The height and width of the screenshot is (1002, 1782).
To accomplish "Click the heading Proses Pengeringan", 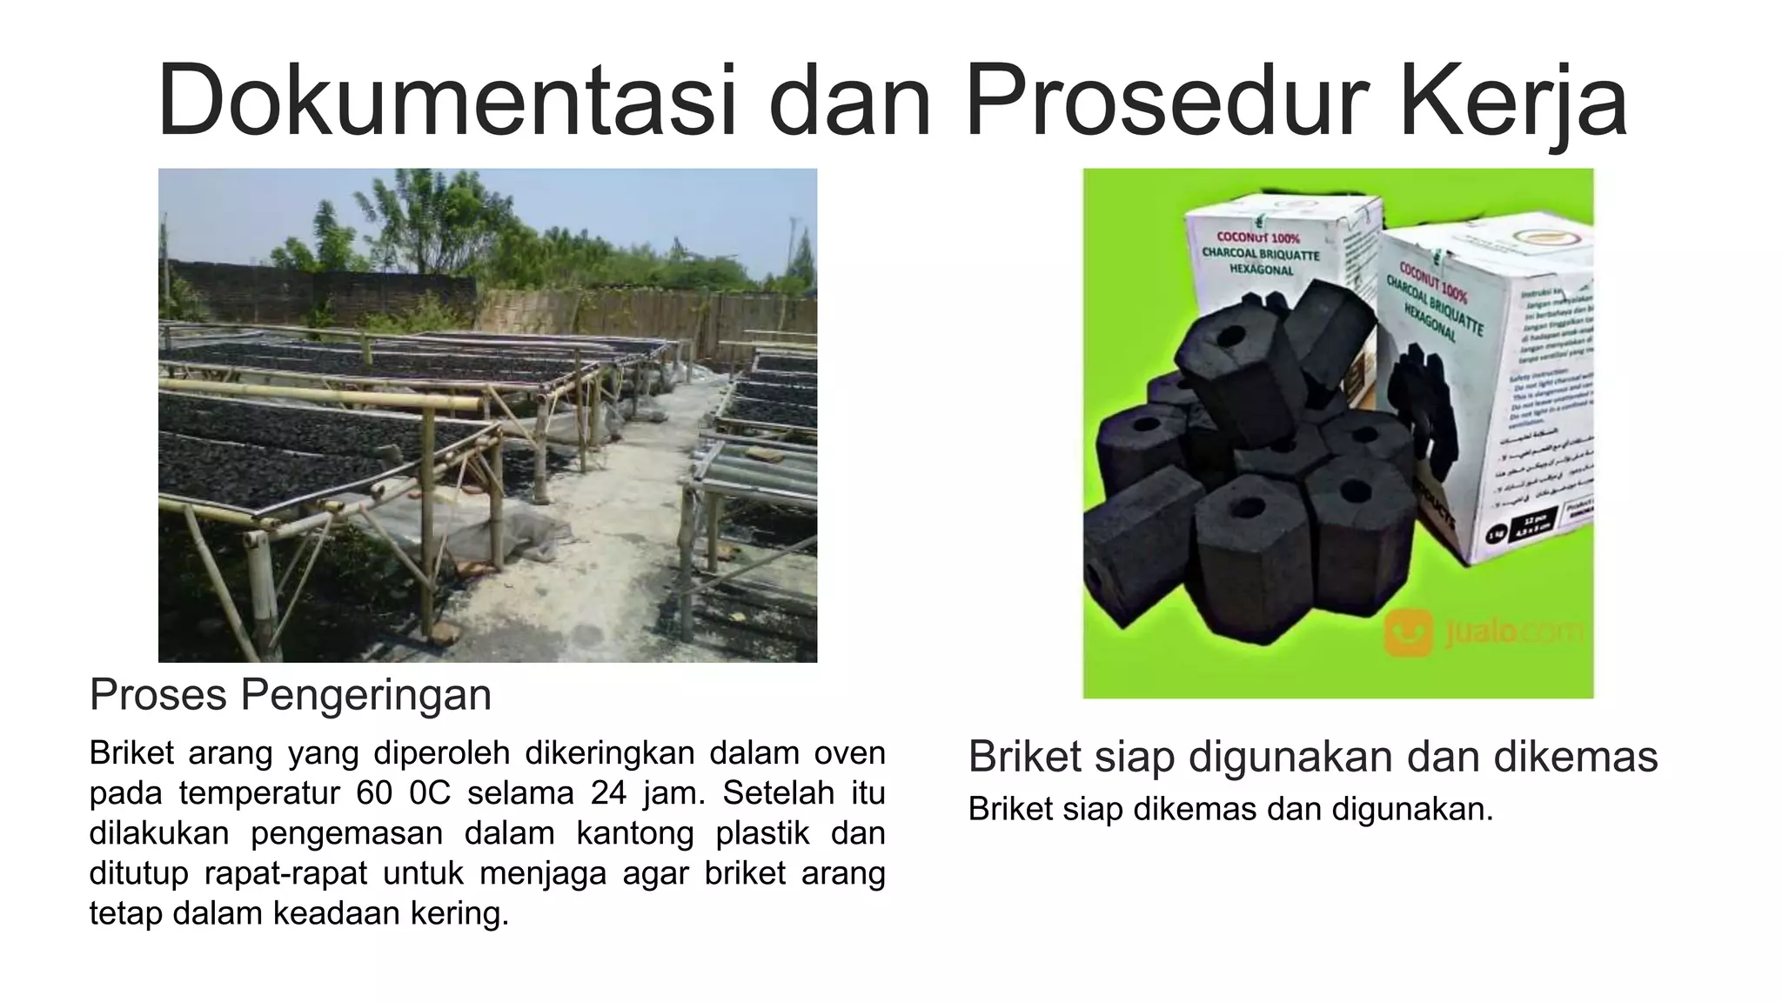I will (x=291, y=695).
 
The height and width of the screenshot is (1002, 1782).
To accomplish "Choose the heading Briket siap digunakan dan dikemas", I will (x=1312, y=757).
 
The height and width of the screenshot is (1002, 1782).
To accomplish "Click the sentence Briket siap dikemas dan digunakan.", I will (x=1230, y=810).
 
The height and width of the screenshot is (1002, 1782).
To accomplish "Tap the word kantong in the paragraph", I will (x=634, y=833).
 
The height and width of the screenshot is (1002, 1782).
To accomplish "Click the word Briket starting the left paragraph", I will (x=131, y=753).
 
